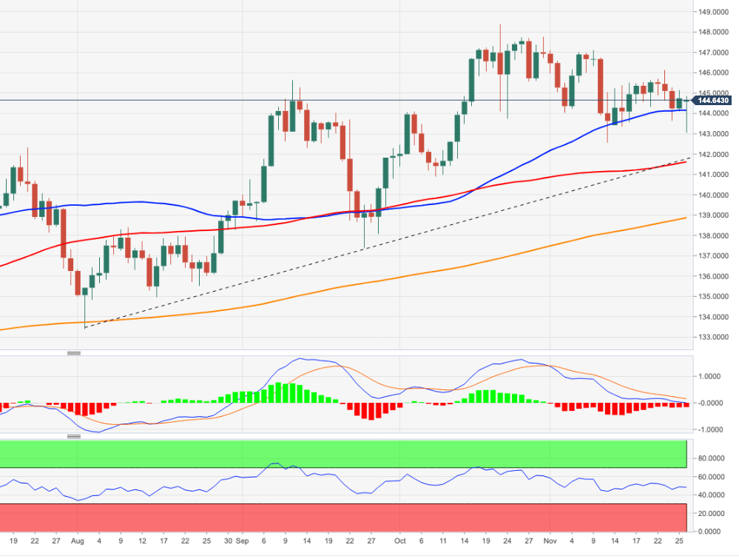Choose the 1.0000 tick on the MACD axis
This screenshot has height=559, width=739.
coord(711,376)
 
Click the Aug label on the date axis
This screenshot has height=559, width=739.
coord(78,542)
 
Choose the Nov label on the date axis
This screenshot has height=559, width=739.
coord(551,542)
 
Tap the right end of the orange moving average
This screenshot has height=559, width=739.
coord(686,218)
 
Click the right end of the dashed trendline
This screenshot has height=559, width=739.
coord(689,158)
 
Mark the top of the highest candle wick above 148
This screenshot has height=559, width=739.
coord(500,24)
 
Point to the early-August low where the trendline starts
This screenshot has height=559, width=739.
coord(85,327)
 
